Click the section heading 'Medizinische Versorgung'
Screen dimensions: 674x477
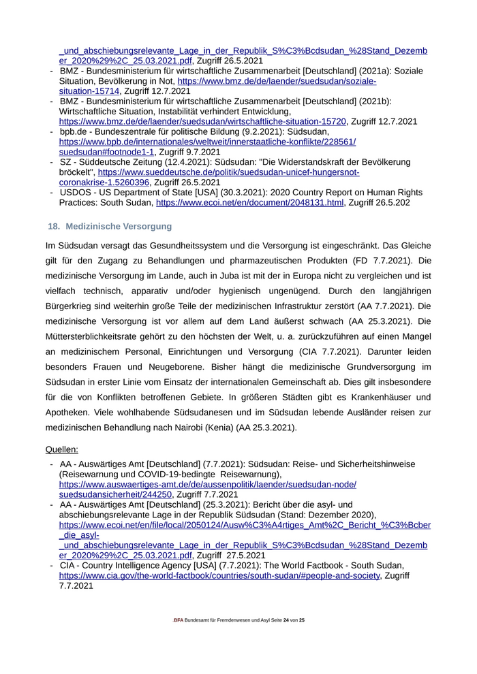click(x=119, y=226)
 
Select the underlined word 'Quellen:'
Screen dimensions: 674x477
click(x=61, y=449)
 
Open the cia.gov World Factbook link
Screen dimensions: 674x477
click(x=219, y=576)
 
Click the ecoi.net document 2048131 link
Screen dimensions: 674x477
click(x=249, y=203)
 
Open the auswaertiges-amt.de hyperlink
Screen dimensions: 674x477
click(x=207, y=485)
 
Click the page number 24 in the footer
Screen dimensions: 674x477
click(x=286, y=621)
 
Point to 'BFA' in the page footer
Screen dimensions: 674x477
click(x=178, y=621)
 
